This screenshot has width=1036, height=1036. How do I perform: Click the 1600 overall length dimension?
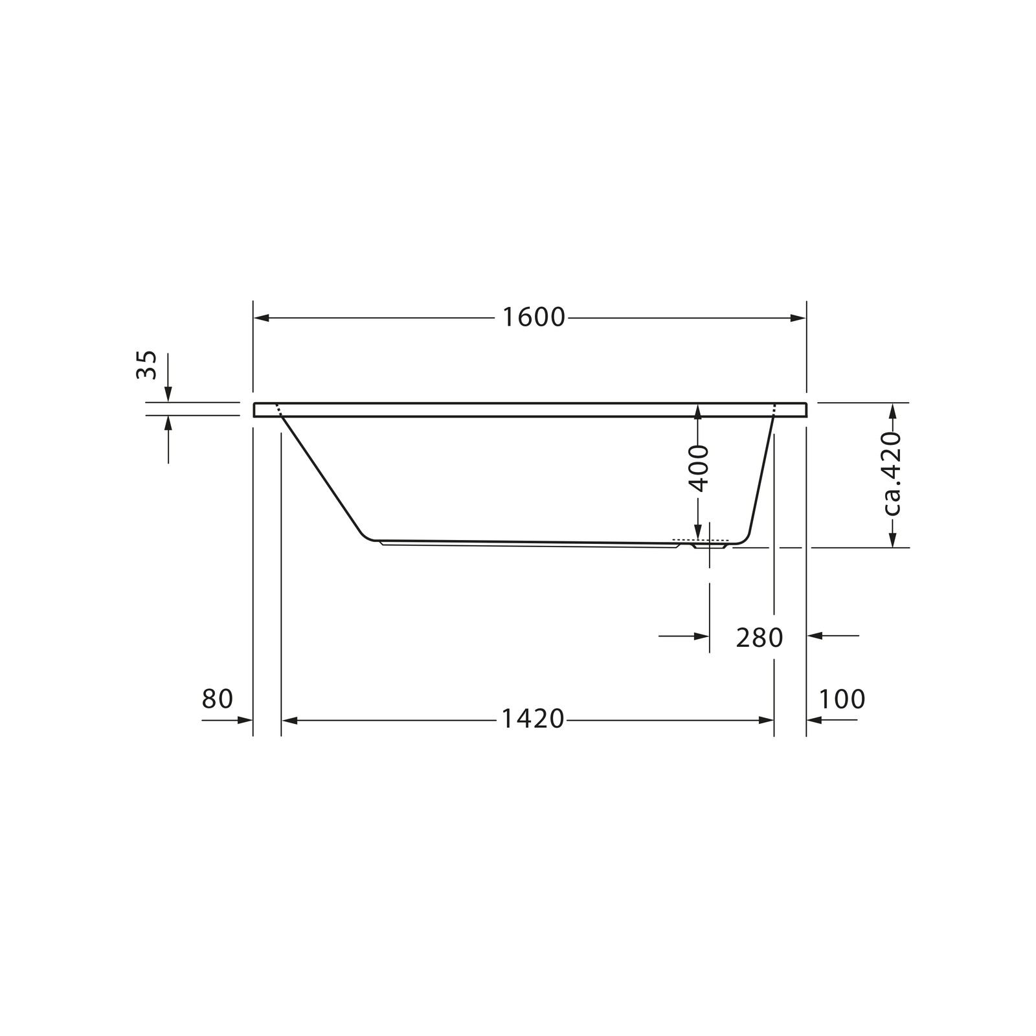534,318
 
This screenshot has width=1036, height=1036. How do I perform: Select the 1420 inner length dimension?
534,719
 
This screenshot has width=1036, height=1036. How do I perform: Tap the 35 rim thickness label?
147,365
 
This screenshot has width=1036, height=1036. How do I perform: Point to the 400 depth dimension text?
699,468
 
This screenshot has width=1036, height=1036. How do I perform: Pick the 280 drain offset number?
759,638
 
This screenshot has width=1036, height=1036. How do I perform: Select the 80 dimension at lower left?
217,699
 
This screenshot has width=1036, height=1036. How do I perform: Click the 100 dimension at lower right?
842,699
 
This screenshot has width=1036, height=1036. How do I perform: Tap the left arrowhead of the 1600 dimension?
261,318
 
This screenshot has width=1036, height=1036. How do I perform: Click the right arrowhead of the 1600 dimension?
798,318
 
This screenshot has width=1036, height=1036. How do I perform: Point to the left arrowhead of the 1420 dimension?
289,720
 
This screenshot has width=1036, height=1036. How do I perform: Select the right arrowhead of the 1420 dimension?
767,720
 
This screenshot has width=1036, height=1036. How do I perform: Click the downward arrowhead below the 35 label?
168,394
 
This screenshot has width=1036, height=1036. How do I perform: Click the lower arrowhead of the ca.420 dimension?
892,539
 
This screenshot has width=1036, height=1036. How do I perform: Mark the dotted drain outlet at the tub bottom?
701,540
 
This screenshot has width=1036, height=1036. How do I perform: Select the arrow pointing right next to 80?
245,720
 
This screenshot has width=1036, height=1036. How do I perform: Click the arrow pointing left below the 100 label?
815,720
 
